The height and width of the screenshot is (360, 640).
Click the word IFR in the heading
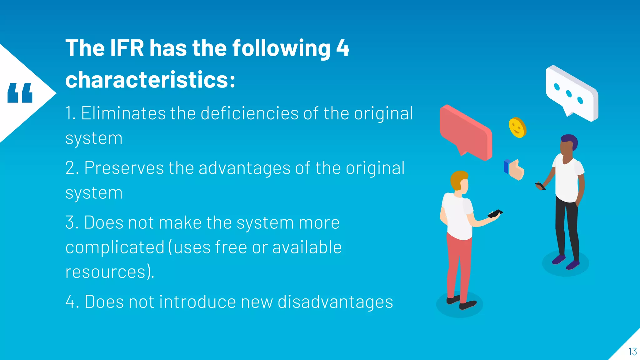pos(127,48)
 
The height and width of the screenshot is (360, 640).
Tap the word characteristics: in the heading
pos(150,80)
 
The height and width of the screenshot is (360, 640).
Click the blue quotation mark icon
pos(20,93)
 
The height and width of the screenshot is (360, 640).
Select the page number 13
pos(632,352)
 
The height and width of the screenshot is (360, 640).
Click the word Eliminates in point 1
pos(123,113)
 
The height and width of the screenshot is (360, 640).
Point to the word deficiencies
pos(249,113)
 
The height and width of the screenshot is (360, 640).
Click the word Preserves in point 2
pos(124,168)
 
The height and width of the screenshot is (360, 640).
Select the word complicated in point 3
pos(115,247)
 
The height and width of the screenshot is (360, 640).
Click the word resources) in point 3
pos(109,272)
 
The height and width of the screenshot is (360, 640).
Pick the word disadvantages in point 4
pos(335,302)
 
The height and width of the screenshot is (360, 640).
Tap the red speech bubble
pos(466,131)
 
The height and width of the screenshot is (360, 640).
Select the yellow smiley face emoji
pos(517,127)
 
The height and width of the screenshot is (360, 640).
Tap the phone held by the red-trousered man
pos(495,214)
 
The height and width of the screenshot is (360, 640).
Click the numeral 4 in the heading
pos(342,48)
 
